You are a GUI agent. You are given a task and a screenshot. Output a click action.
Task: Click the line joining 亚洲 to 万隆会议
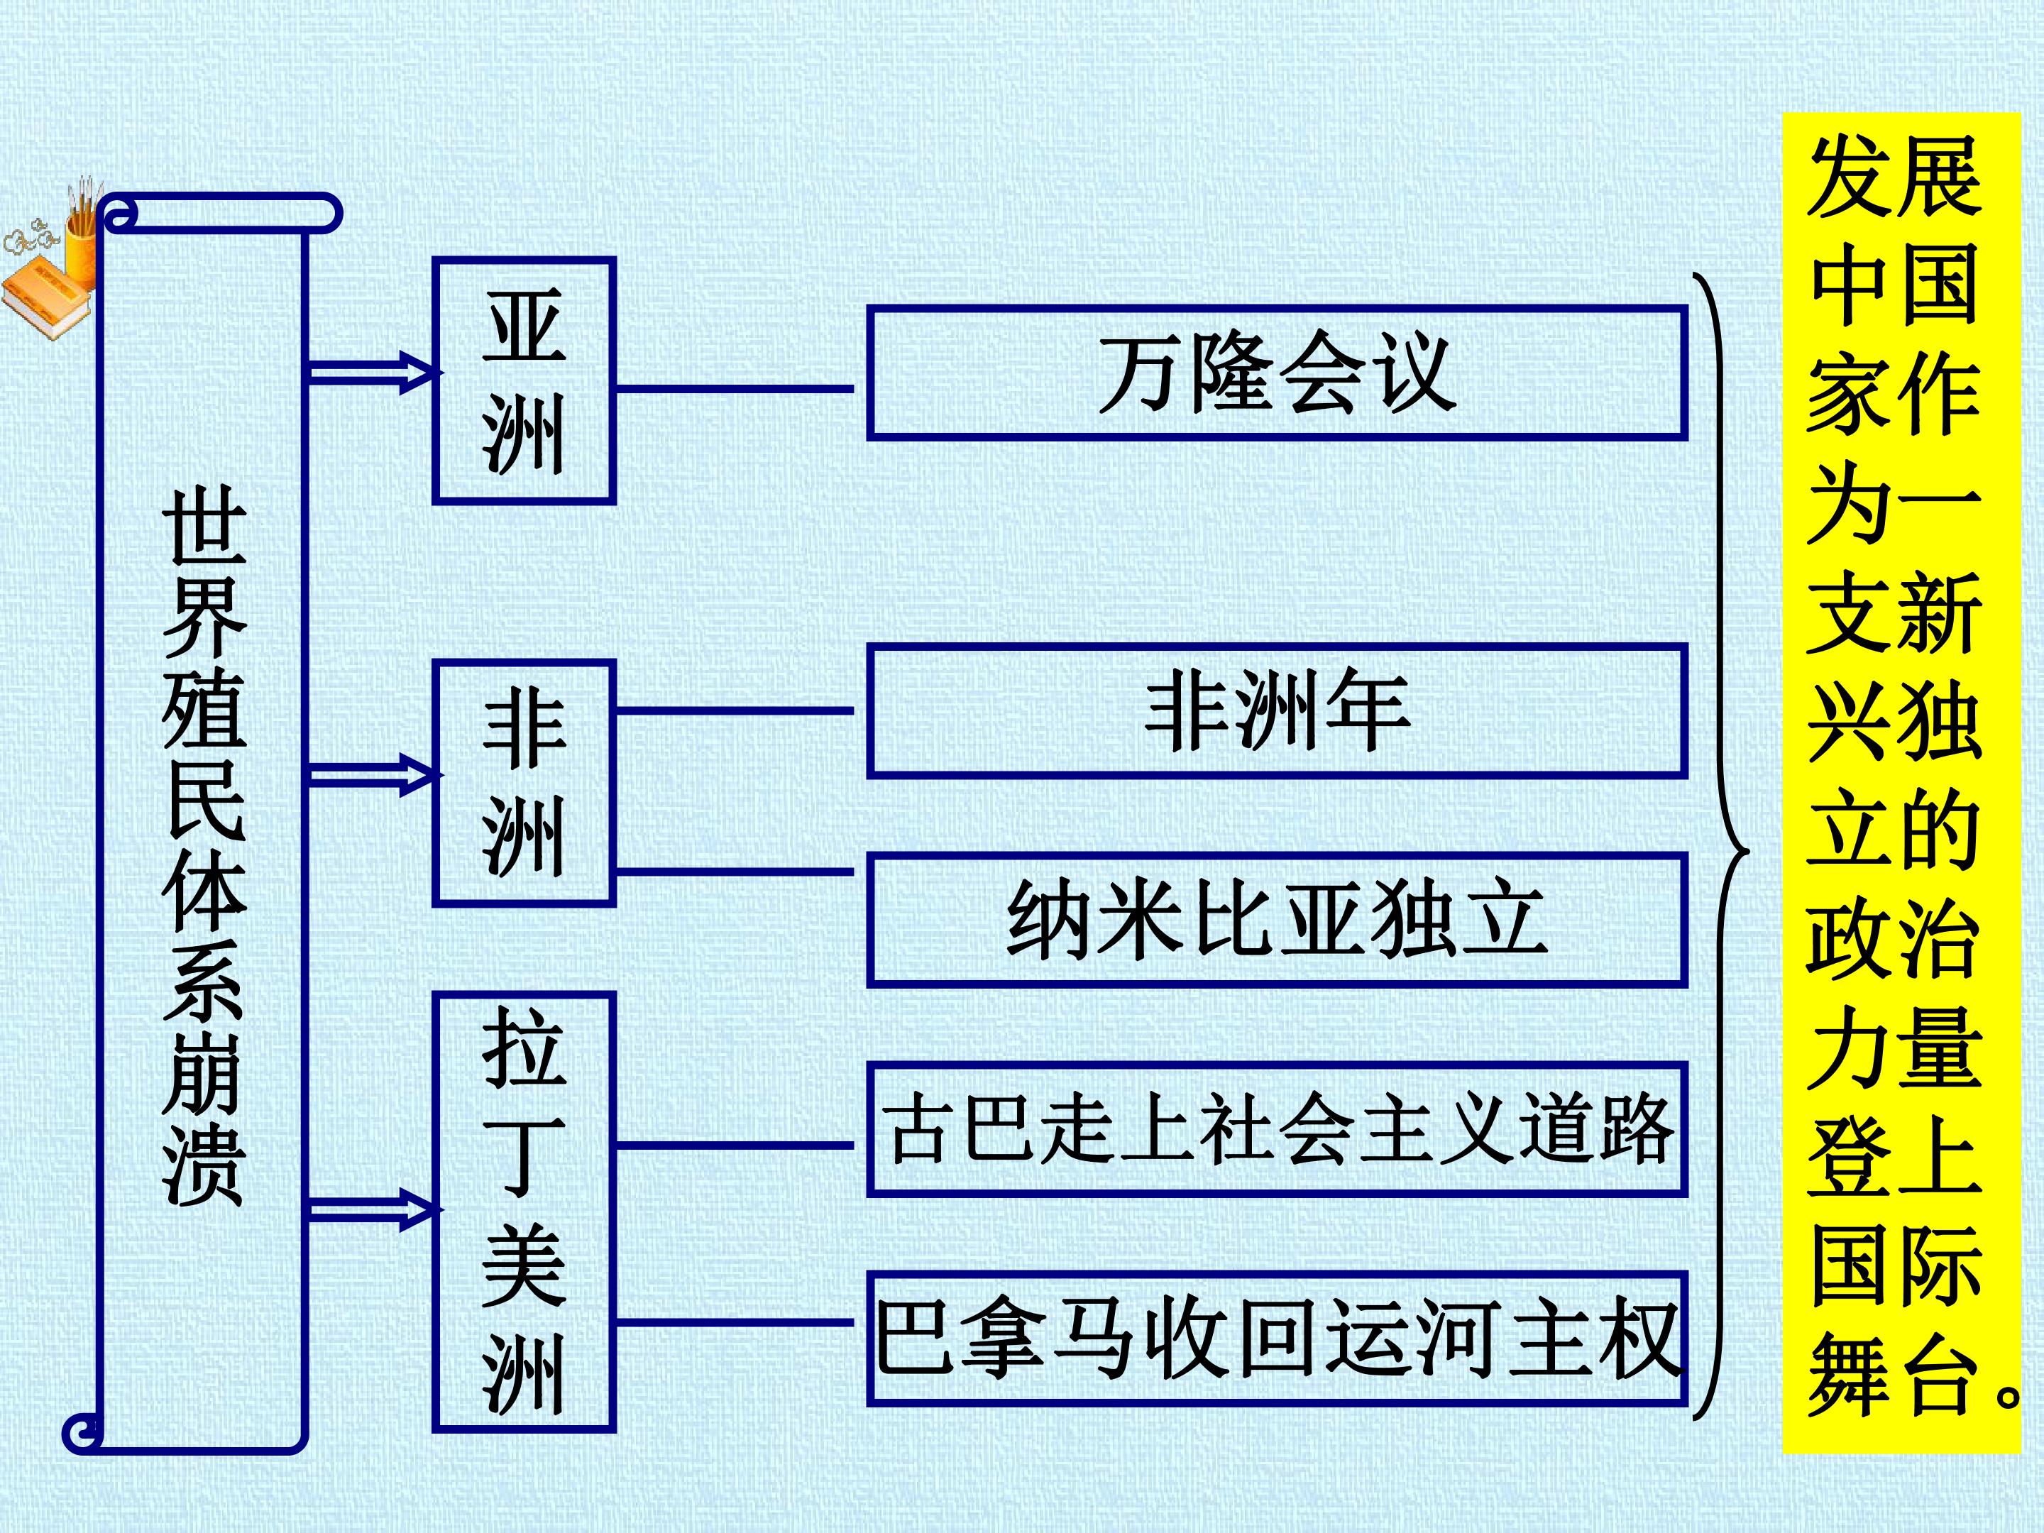[735, 389]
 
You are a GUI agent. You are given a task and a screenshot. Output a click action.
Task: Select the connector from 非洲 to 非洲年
[735, 710]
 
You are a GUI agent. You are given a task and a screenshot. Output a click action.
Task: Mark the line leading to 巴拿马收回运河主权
[735, 1322]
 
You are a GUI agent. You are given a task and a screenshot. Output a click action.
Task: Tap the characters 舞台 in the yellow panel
[1894, 1377]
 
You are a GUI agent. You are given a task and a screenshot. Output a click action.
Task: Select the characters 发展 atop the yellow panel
[1894, 175]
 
